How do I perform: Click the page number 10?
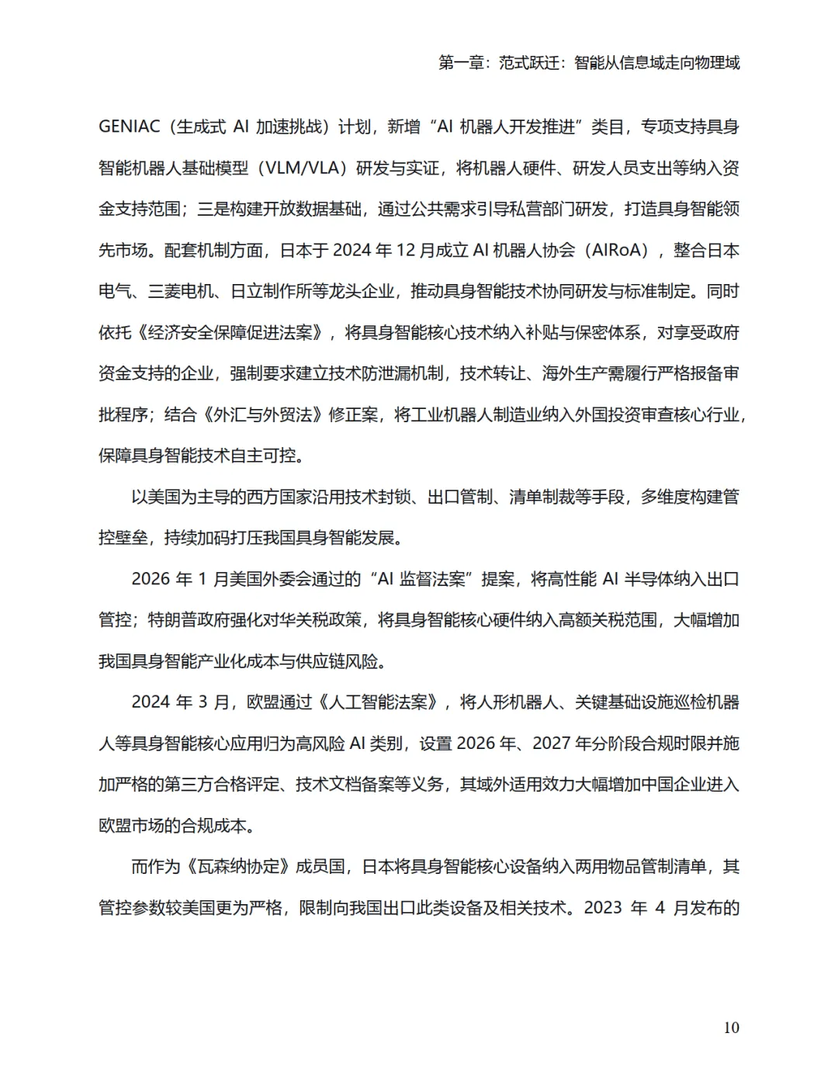coord(731,1028)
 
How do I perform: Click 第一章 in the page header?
coord(461,63)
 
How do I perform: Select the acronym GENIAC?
coord(130,127)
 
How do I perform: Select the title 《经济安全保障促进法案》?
coord(230,332)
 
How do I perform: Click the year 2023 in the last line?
coord(604,908)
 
